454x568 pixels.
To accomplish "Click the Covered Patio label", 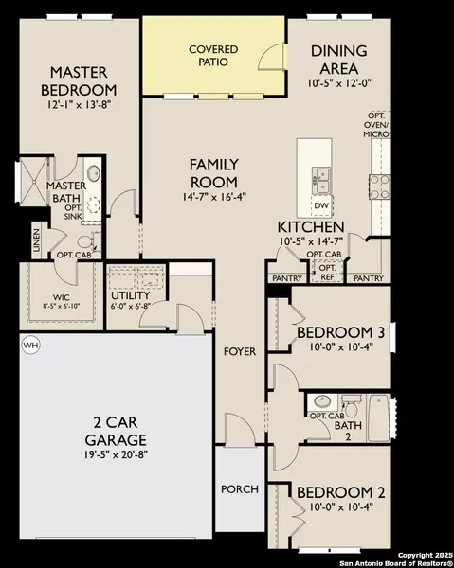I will [x=213, y=55].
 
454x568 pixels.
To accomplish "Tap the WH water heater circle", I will [x=29, y=346].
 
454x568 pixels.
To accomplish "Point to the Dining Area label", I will [x=345, y=61].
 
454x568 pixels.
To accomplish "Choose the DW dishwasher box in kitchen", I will [x=321, y=205].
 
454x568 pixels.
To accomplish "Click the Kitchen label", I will [x=310, y=227].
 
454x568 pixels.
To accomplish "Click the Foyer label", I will [x=240, y=351].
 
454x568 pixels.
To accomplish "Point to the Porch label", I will [x=239, y=489].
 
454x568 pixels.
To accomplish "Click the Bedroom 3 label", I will [x=340, y=332].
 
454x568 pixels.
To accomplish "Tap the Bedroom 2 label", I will [x=340, y=493].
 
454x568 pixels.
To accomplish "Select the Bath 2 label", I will [x=349, y=431].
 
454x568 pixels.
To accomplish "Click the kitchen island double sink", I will [x=321, y=174].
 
